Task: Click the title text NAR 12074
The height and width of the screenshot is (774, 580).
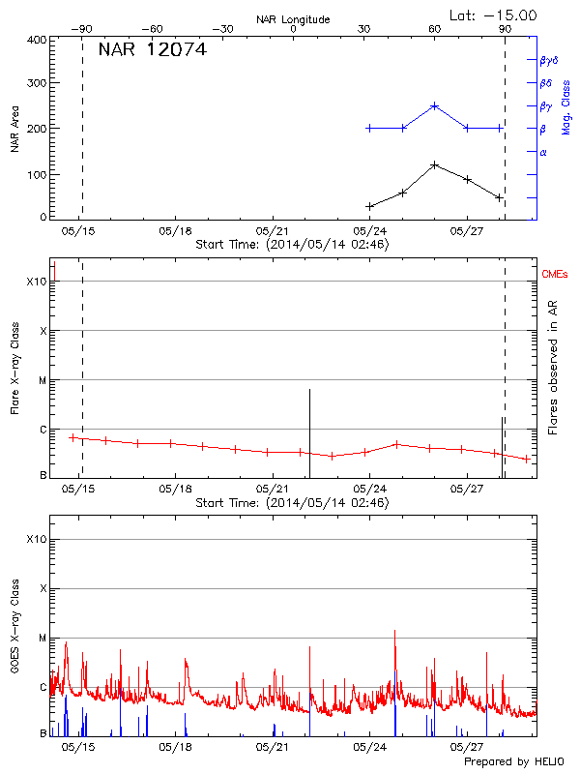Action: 152,49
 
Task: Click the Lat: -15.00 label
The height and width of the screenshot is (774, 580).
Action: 494,15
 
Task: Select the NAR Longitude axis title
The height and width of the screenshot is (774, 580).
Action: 293,18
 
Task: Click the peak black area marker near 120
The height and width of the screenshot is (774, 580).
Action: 435,164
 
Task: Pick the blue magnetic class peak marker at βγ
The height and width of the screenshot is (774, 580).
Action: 435,105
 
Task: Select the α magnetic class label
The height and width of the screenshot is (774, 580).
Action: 543,152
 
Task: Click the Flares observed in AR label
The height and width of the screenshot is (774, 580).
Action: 553,367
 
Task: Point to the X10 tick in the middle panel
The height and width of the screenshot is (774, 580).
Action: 36,282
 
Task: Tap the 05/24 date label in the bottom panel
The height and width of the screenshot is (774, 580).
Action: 370,746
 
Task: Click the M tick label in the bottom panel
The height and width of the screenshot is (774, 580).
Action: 42,638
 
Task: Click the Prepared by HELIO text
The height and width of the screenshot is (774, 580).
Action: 512,762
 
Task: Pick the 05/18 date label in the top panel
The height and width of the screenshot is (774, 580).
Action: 175,231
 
